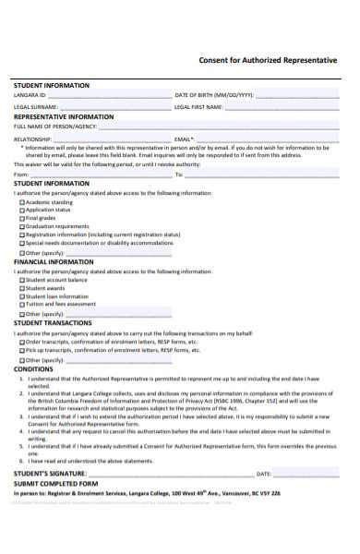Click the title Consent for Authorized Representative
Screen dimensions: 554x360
click(x=268, y=60)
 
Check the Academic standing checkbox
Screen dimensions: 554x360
click(x=23, y=202)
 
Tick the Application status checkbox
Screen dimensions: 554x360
click(x=23, y=211)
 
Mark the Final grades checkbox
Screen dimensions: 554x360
click(x=23, y=219)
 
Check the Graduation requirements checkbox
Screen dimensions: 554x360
click(x=23, y=227)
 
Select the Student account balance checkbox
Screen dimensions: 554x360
click(x=23, y=280)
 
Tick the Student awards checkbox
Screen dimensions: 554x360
click(x=23, y=288)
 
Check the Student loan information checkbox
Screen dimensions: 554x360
click(x=23, y=296)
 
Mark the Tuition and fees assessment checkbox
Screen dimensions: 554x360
click(x=23, y=305)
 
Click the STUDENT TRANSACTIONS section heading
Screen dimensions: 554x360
click(x=54, y=323)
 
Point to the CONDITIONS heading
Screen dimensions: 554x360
click(x=33, y=367)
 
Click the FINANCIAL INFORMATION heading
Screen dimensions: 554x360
click(x=54, y=262)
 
